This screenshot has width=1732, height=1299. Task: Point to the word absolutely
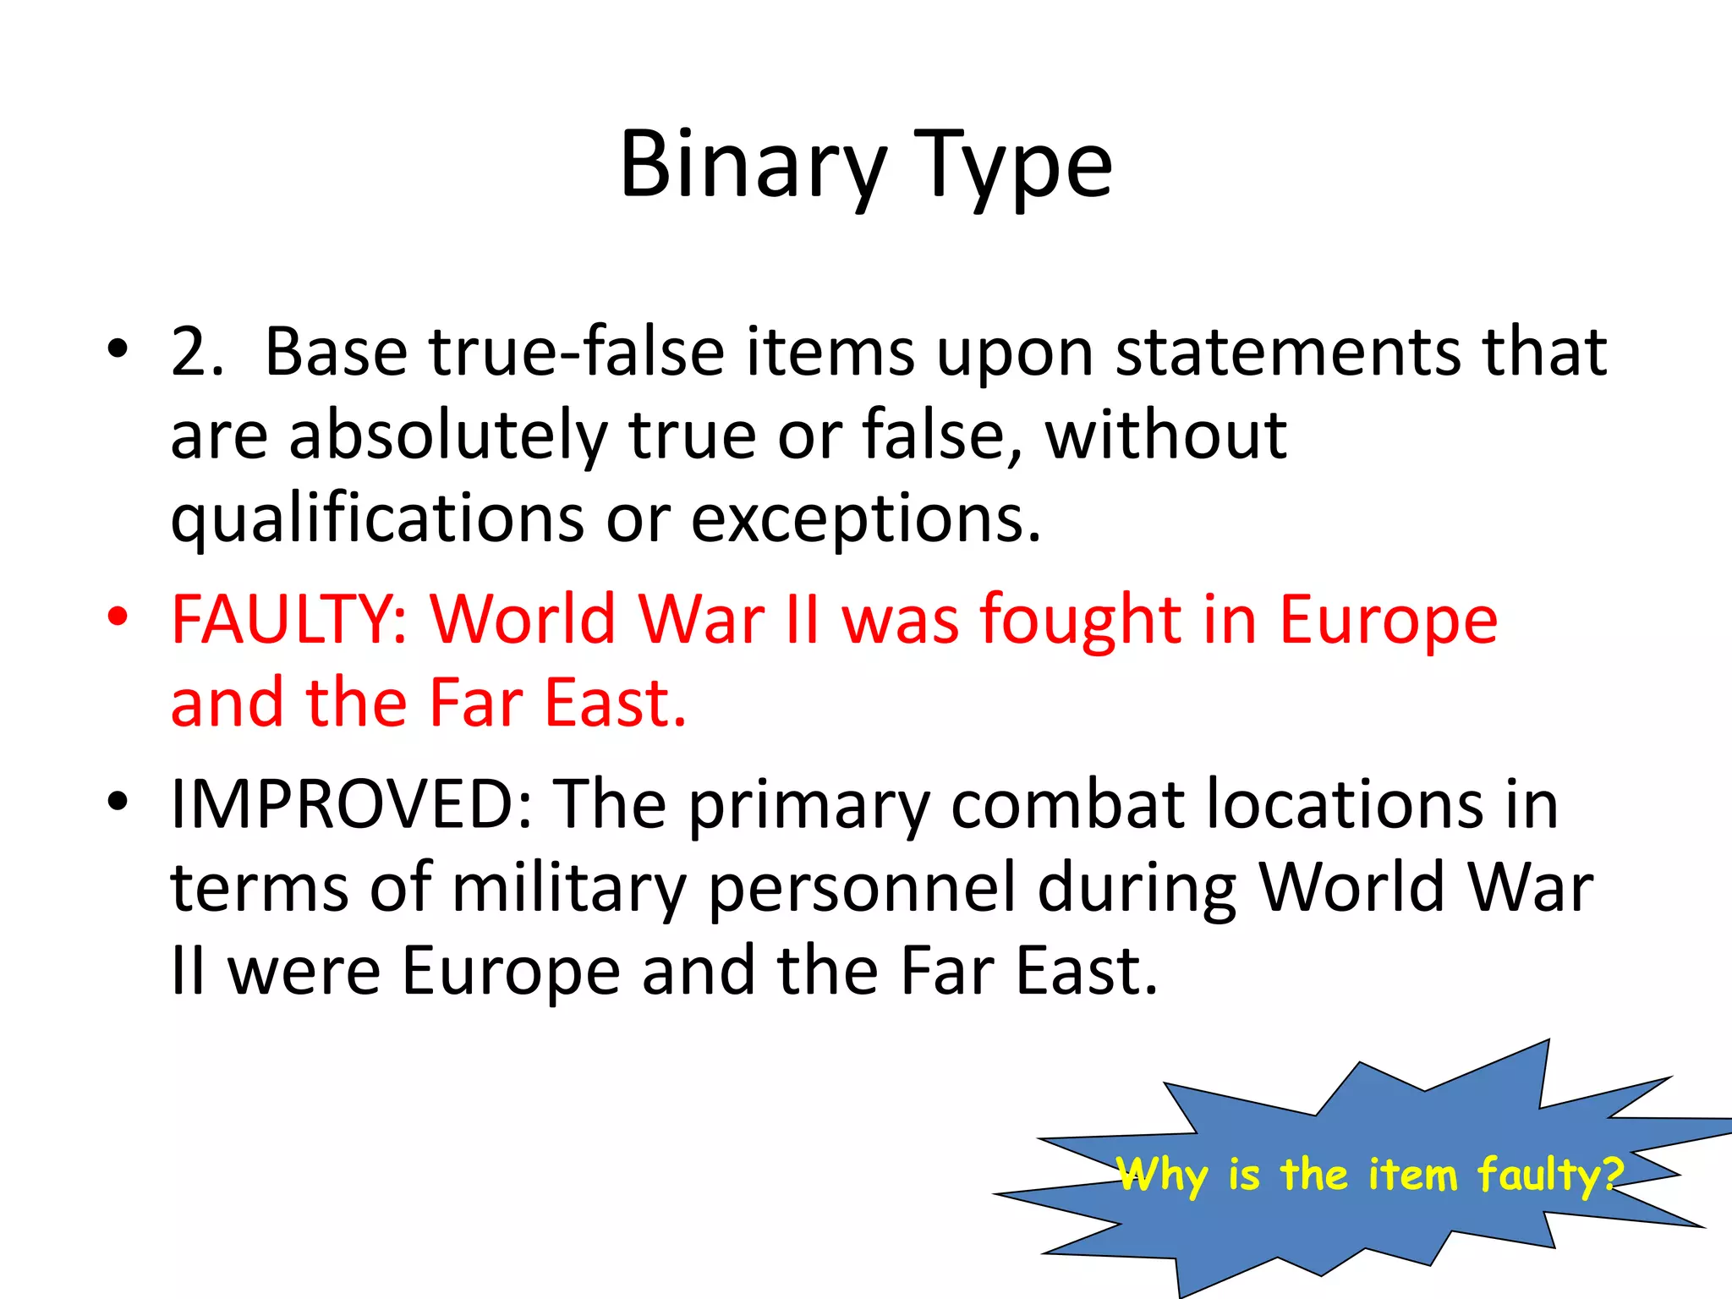(x=448, y=436)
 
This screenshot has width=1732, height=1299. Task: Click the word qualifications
(x=377, y=519)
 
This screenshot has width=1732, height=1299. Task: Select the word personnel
(x=862, y=888)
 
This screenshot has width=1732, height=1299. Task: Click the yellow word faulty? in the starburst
(x=1550, y=1175)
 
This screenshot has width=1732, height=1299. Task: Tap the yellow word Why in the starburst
(x=1163, y=1175)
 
